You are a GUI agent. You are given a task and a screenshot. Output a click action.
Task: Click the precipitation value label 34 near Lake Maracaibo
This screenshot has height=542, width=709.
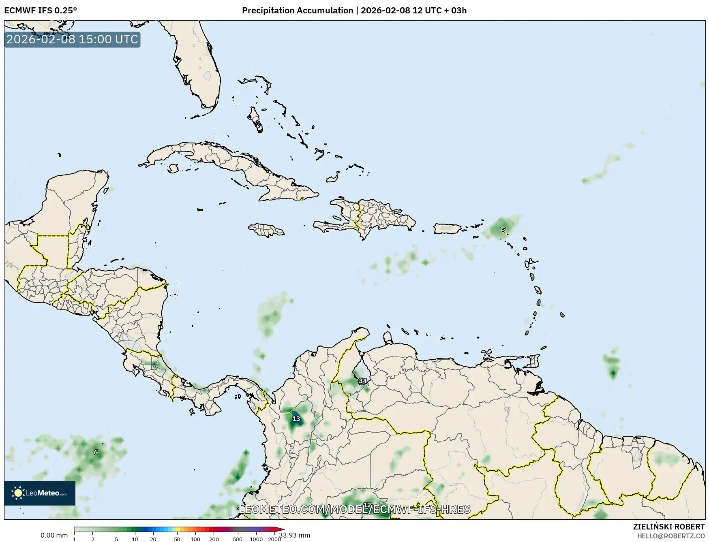point(362,381)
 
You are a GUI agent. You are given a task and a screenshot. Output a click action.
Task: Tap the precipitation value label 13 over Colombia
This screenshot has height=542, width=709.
point(296,419)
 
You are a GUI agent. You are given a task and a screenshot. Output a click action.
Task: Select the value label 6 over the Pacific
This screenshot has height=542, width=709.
point(96,452)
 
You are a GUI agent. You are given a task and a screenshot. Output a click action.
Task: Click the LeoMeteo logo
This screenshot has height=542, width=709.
point(40,493)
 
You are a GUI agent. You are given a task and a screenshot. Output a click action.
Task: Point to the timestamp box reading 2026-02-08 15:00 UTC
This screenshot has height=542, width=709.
point(72,40)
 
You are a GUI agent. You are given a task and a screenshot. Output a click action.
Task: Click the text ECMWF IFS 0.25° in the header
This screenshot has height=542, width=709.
point(41,11)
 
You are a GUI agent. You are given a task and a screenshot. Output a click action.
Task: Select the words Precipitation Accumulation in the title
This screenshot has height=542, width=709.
point(298,11)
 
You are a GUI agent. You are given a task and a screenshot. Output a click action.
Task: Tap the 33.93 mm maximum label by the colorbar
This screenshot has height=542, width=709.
point(294,535)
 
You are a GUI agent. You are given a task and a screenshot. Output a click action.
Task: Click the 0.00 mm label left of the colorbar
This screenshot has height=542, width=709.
point(54,535)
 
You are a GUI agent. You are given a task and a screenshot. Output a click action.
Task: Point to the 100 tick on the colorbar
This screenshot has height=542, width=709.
point(195,539)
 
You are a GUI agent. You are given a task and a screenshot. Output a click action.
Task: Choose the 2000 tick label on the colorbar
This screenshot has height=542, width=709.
point(274,539)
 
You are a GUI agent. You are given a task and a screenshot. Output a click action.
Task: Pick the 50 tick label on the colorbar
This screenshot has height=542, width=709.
point(177,539)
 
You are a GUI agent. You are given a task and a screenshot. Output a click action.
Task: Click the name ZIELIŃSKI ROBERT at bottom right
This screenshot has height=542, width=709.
point(669,527)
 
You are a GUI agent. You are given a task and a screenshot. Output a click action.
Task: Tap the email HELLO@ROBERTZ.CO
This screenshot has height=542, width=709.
point(671,536)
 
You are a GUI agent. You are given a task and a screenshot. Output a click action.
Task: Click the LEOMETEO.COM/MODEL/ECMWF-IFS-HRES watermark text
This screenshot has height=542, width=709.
point(355,509)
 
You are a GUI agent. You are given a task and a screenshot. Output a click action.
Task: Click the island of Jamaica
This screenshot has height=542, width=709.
point(266,230)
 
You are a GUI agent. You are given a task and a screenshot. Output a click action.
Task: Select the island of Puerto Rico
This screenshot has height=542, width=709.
point(448,228)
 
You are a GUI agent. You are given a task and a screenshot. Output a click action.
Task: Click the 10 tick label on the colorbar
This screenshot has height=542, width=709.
point(135,539)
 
